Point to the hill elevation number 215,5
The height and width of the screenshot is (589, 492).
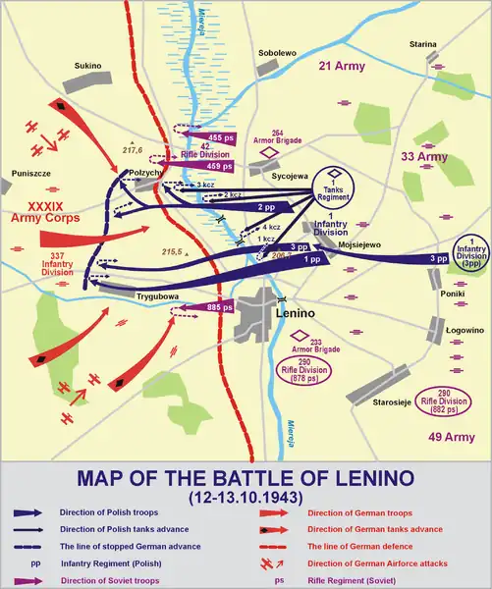tap(173, 252)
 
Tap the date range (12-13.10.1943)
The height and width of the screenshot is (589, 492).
tap(245, 498)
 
